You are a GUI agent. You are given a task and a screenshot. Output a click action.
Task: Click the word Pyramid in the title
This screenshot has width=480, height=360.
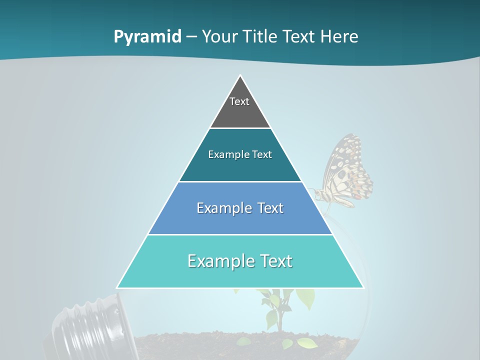pos(147,37)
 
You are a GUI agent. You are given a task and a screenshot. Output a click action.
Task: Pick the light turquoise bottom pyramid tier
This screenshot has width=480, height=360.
pos(240,272)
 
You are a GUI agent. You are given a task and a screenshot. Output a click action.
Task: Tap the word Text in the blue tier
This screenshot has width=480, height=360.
pos(270,208)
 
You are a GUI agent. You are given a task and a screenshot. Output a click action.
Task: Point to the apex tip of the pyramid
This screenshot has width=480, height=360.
pos(240,76)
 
